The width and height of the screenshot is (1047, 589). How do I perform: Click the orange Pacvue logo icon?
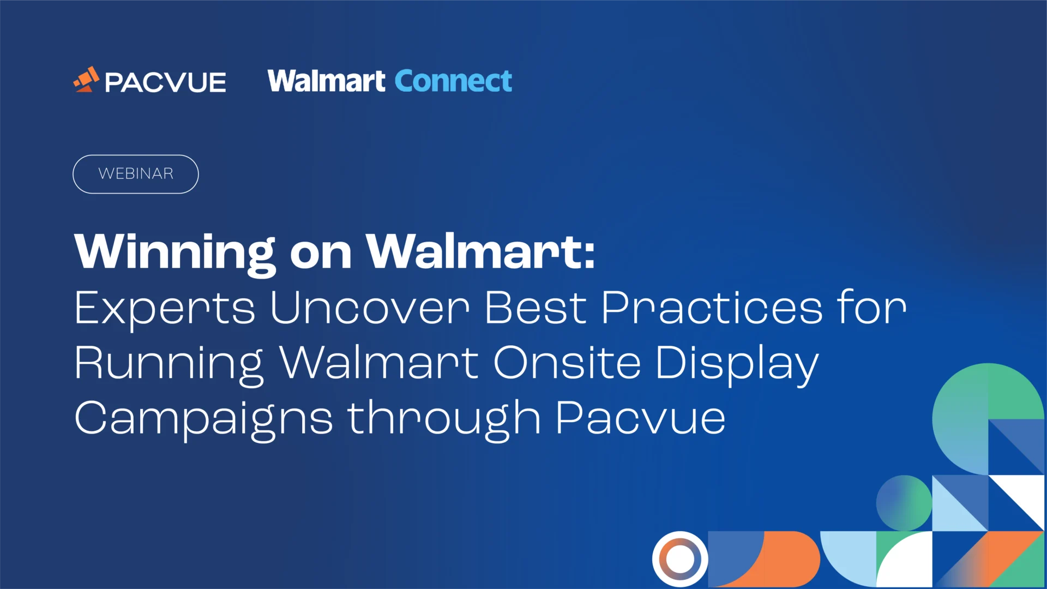[86, 80]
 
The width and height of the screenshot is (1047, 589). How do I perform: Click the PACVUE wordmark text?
[165, 83]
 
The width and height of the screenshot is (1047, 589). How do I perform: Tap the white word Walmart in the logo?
[326, 81]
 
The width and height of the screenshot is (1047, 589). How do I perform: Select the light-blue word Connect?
[453, 81]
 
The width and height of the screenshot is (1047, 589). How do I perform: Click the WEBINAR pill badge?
[136, 174]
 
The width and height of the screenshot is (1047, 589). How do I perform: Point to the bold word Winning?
[174, 252]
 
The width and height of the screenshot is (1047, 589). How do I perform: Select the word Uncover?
[370, 308]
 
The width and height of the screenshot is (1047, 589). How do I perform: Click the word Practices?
[712, 308]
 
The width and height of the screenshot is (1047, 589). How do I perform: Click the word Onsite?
[567, 363]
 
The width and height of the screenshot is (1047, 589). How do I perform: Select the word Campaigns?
[203, 419]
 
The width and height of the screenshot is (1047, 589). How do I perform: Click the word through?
[444, 419]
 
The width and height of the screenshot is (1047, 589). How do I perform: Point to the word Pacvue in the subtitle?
[640, 418]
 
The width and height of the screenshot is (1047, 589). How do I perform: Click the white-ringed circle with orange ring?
[680, 559]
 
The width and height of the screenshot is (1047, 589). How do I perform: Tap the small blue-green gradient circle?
[904, 503]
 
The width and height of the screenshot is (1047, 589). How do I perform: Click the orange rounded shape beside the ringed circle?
[792, 559]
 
